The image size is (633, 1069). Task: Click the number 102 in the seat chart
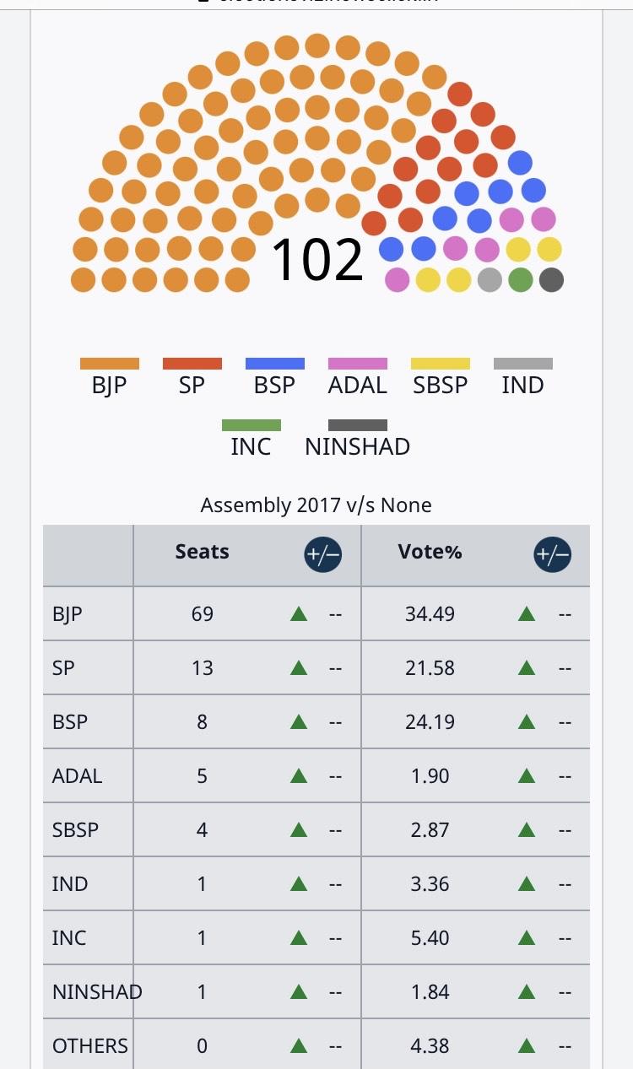click(316, 259)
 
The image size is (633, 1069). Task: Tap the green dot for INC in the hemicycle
click(521, 279)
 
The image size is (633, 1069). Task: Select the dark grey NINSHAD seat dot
click(551, 279)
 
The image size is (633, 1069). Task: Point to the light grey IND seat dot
click(490, 279)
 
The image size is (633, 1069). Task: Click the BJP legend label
click(109, 386)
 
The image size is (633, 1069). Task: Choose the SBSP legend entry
click(440, 386)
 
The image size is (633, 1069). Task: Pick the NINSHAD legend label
click(357, 445)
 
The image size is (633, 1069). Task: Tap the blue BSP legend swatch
click(274, 364)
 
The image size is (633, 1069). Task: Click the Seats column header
click(203, 552)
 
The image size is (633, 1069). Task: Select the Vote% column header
click(430, 552)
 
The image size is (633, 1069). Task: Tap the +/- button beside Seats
click(322, 555)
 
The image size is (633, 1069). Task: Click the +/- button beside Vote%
click(552, 555)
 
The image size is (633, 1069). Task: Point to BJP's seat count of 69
click(203, 613)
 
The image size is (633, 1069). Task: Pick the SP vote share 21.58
click(430, 667)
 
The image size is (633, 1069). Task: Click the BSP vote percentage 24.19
click(430, 721)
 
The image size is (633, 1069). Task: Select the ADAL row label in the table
click(77, 775)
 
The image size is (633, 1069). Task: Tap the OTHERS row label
click(90, 1045)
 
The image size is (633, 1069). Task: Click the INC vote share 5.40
click(430, 937)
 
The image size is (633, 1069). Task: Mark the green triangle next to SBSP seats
click(298, 829)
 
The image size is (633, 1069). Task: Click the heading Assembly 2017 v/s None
click(316, 505)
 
